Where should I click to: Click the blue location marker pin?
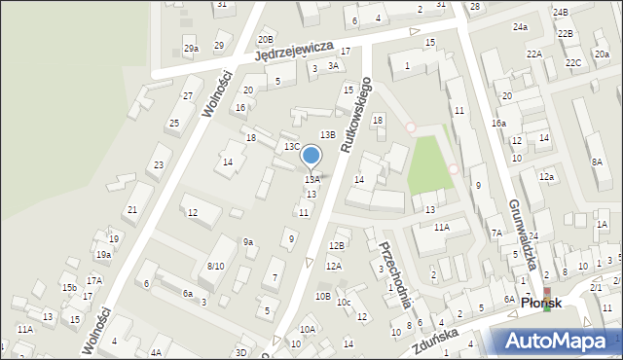pyautogui.click(x=311, y=156)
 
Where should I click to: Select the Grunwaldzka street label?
pyautogui.click(x=524, y=234)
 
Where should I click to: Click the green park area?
pyautogui.click(x=428, y=162)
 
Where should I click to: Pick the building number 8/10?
pyautogui.click(x=215, y=266)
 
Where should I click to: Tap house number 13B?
pyautogui.click(x=328, y=134)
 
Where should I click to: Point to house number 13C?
pyautogui.click(x=292, y=146)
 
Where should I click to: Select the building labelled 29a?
pyautogui.click(x=191, y=48)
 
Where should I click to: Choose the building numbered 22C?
pyautogui.click(x=574, y=62)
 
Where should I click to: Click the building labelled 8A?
pyautogui.click(x=597, y=162)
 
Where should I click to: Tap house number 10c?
pyautogui.click(x=344, y=302)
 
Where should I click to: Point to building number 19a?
pyautogui.click(x=103, y=255)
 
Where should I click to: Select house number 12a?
pyautogui.click(x=547, y=176)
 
